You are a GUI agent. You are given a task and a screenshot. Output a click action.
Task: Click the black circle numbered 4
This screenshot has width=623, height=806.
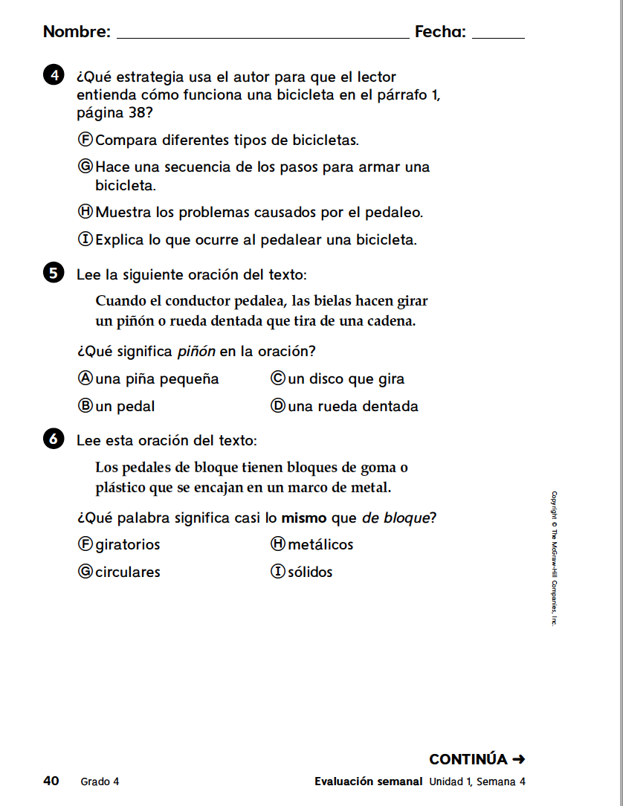(53, 76)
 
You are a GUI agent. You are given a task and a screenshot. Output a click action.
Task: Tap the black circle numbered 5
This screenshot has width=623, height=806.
(53, 274)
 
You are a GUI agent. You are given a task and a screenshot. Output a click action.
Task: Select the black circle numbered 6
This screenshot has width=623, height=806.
(53, 439)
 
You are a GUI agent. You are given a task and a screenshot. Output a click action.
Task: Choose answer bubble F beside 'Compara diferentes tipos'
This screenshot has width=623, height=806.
(85, 139)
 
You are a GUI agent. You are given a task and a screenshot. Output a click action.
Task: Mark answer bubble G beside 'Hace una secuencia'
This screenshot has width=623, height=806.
(85, 167)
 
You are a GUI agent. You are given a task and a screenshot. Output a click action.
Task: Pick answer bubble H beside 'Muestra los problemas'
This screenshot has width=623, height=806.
(85, 212)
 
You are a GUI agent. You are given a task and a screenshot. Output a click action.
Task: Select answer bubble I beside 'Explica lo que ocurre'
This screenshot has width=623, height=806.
(85, 239)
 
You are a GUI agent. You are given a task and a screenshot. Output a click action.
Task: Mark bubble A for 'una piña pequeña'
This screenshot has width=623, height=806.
(85, 378)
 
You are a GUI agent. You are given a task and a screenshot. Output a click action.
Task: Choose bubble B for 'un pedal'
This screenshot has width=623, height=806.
(85, 406)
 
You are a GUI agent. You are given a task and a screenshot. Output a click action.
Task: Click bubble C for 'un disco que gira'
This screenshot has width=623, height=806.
(278, 378)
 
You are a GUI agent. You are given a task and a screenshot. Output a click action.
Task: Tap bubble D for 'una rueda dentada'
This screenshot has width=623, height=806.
(278, 406)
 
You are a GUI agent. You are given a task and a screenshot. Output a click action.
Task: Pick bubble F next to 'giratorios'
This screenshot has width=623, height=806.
(85, 544)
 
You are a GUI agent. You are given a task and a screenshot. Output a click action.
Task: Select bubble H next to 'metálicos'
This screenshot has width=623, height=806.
(278, 544)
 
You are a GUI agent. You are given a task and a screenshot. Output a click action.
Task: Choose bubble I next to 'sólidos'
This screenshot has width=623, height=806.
(278, 572)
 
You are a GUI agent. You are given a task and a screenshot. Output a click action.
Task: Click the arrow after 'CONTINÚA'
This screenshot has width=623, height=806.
(519, 759)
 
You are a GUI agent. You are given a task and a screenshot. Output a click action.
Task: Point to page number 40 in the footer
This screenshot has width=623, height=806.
(51, 781)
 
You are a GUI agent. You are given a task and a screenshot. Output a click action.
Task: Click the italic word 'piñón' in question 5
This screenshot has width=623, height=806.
(196, 351)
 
